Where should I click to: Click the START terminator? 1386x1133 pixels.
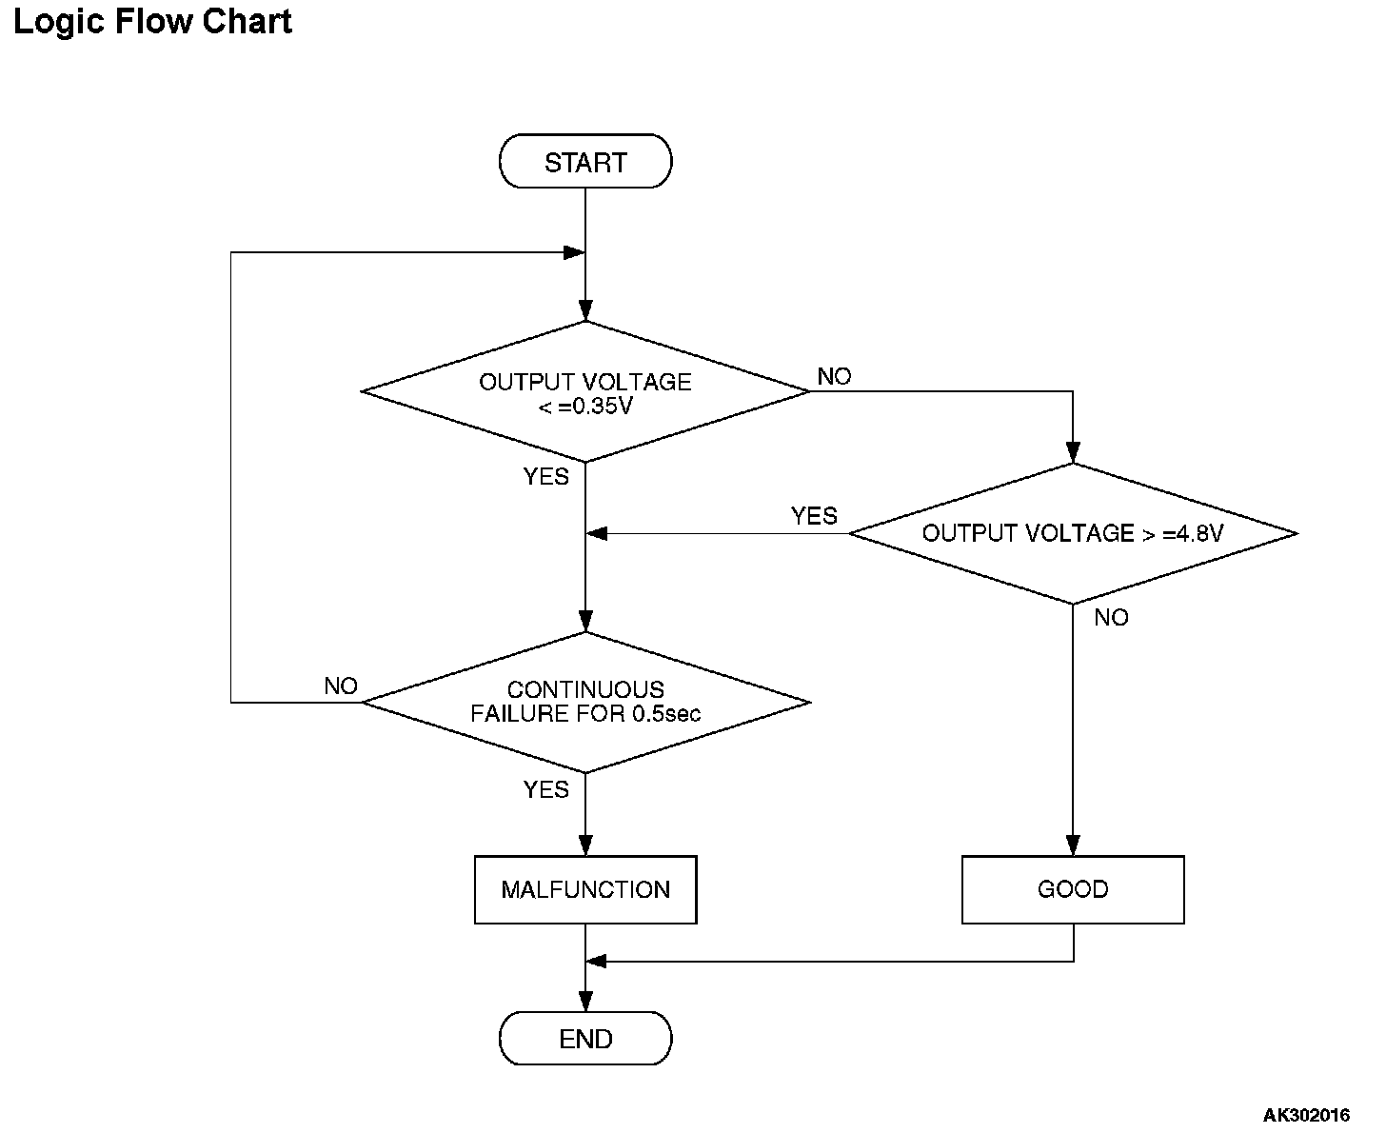[x=584, y=161]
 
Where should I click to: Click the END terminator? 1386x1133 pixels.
[x=584, y=1039]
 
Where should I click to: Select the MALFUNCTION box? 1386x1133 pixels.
[x=585, y=889]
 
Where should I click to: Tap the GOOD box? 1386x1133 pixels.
[x=1073, y=889]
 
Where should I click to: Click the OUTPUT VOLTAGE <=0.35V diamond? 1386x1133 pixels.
[x=584, y=391]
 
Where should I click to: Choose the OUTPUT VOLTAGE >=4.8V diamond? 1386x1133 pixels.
[x=1073, y=533]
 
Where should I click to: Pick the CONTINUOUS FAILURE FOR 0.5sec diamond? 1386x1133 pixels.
[x=584, y=702]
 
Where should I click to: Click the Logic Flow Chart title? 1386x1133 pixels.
[x=152, y=22]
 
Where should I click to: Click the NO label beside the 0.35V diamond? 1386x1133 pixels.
[x=834, y=377]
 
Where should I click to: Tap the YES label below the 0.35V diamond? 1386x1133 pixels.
[x=545, y=476]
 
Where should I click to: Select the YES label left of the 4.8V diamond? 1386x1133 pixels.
[x=814, y=516]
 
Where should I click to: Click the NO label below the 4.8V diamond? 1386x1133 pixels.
[x=1111, y=617]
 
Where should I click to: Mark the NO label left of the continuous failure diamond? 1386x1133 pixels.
[x=341, y=686]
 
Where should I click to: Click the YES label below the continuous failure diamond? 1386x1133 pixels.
[x=545, y=789]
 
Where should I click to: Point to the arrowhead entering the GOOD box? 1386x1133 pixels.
[x=1073, y=845]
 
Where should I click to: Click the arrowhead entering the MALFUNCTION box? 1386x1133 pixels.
[x=584, y=845]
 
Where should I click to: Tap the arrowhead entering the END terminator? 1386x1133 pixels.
[x=584, y=1002]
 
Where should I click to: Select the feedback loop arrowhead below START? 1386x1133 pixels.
[x=574, y=252]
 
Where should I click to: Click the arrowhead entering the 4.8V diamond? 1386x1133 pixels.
[x=1073, y=453]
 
